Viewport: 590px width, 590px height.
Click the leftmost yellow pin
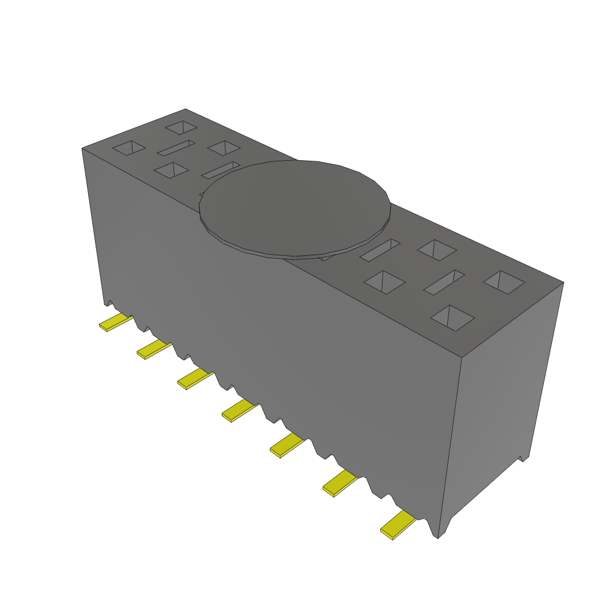115,323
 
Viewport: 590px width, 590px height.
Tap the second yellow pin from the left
154,350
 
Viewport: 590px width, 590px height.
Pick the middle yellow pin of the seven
239,411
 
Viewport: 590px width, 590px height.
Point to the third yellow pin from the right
286,446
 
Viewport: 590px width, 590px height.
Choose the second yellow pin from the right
339,483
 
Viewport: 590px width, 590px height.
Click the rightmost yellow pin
398,525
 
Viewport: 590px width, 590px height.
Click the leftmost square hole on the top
129,148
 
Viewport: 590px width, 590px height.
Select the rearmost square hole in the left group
181,127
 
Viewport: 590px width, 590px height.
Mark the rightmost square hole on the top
504,282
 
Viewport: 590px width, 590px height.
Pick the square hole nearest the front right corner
453,317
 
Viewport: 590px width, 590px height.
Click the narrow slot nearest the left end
177,148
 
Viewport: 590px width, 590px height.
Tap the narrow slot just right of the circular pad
380,250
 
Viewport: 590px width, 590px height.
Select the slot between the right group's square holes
444,282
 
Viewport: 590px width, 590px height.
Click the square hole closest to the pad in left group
224,148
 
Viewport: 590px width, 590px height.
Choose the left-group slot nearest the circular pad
221,169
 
